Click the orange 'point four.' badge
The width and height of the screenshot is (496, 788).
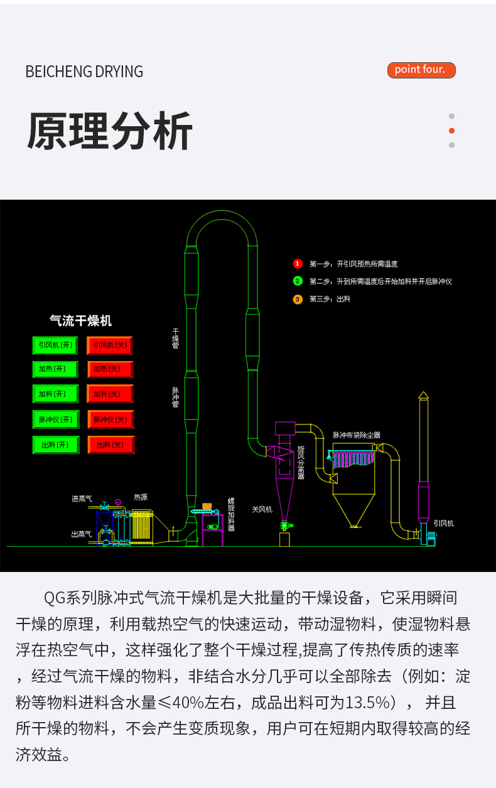click(421, 70)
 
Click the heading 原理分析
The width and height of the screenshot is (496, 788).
click(110, 132)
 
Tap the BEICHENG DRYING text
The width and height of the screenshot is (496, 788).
click(84, 72)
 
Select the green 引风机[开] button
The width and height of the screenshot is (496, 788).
click(55, 345)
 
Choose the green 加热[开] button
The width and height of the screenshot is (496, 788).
click(55, 369)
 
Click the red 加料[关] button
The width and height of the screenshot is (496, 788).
click(110, 394)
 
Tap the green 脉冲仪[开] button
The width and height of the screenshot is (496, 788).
click(55, 419)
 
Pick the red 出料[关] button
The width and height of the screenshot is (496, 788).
click(111, 445)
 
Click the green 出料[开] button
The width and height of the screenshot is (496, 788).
click(55, 445)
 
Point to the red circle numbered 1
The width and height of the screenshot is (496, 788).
click(298, 264)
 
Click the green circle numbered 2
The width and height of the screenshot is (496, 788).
click(298, 281)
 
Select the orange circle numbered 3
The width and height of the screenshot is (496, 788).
click(298, 300)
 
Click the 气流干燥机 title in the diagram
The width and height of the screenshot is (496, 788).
click(80, 321)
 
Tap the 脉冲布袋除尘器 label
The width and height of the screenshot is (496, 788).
click(356, 434)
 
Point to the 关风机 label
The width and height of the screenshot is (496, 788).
click(262, 509)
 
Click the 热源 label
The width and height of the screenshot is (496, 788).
click(140, 497)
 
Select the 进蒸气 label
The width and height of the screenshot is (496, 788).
click(82, 499)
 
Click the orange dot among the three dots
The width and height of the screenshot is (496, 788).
click(451, 131)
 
